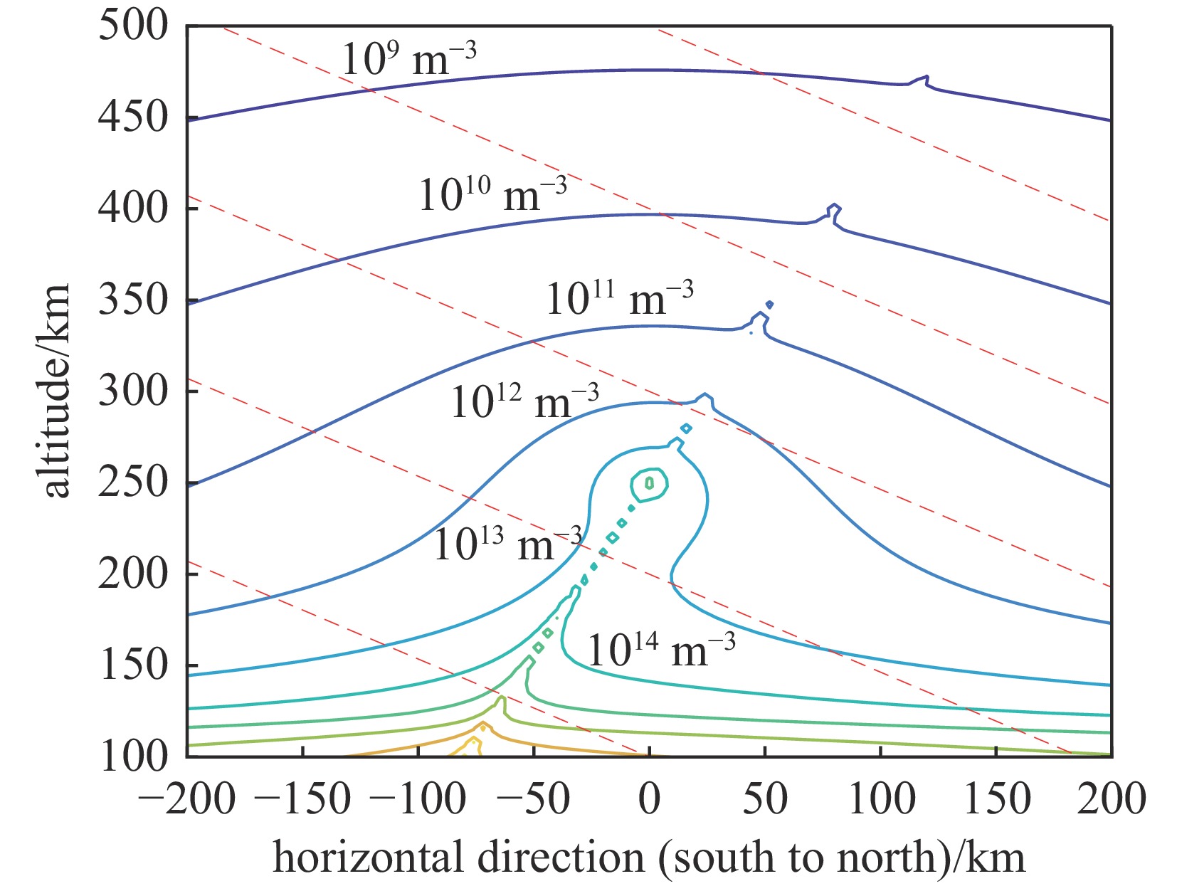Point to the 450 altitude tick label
tap(133, 117)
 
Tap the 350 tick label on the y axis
tap(133, 300)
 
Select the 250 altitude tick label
tap(133, 482)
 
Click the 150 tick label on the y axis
tap(133, 665)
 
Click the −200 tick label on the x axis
tap(186, 798)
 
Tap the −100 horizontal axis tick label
tap(418, 798)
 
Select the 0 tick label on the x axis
tap(649, 798)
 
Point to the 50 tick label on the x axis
tap(765, 798)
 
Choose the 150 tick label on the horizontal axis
tap(996, 798)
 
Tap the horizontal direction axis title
tap(648, 858)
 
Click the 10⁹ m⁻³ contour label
tap(408, 59)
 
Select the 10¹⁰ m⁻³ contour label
tap(492, 194)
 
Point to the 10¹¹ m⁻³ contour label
tap(619, 298)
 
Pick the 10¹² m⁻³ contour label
tap(524, 402)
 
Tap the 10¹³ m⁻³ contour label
tap(507, 545)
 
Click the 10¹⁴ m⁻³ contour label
tap(661, 650)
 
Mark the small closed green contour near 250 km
tap(649, 485)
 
